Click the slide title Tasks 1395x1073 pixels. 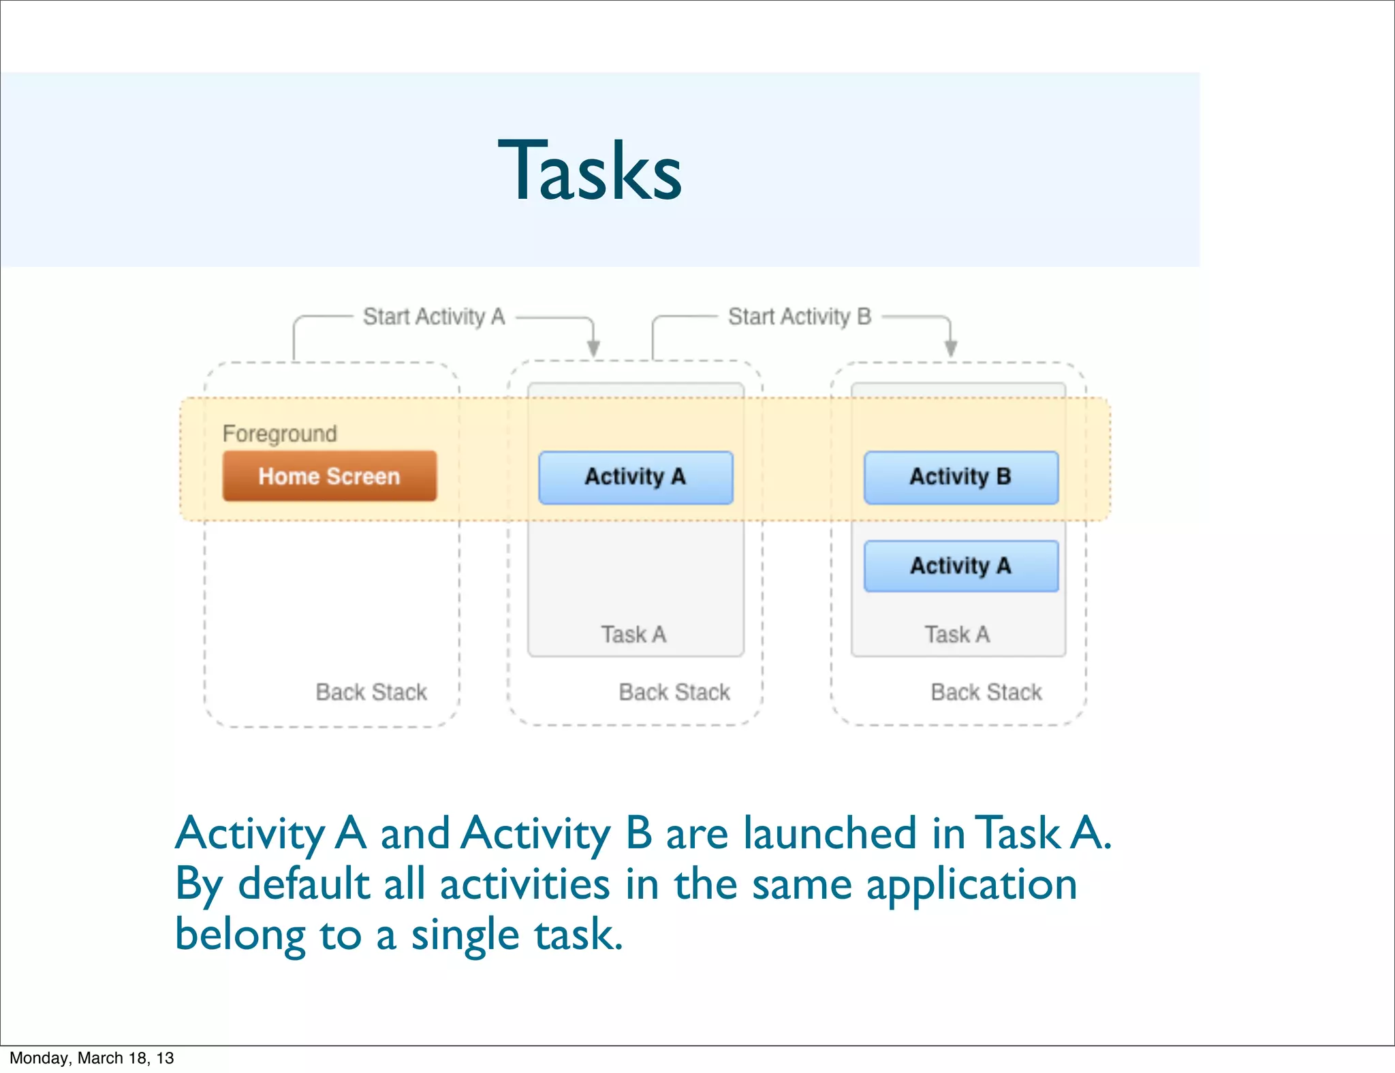[590, 170]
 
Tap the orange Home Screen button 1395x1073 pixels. [329, 476]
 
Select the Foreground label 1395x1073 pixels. [279, 434]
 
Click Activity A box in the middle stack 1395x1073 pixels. [635, 477]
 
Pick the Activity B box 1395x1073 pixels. [960, 477]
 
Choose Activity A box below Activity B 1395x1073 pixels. [960, 566]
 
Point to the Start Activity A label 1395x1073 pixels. [434, 317]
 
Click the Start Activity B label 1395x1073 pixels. [800, 317]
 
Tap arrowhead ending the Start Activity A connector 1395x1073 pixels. [593, 349]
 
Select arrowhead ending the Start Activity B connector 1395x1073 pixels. [951, 349]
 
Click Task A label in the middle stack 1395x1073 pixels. [633, 635]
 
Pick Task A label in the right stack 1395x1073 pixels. [957, 635]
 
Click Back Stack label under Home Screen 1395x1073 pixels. [371, 692]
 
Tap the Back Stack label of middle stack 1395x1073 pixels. [674, 692]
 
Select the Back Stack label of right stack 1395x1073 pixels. [986, 692]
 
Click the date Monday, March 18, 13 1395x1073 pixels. [92, 1058]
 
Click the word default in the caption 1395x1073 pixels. [304, 884]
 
